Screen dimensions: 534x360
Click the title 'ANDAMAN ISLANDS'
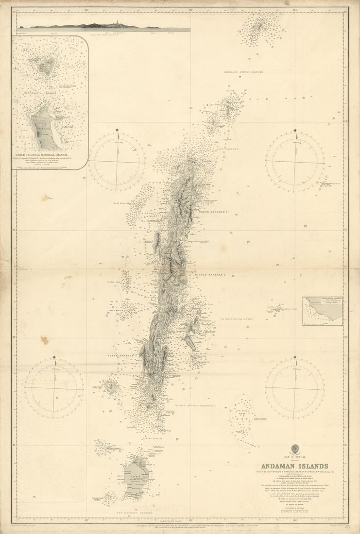pyautogui.click(x=294, y=466)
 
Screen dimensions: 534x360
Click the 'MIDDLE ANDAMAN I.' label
pyautogui.click(x=211, y=275)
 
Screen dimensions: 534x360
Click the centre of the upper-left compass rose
pyautogui.click(x=117, y=161)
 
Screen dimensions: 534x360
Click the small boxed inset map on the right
pyautogui.click(x=323, y=311)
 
